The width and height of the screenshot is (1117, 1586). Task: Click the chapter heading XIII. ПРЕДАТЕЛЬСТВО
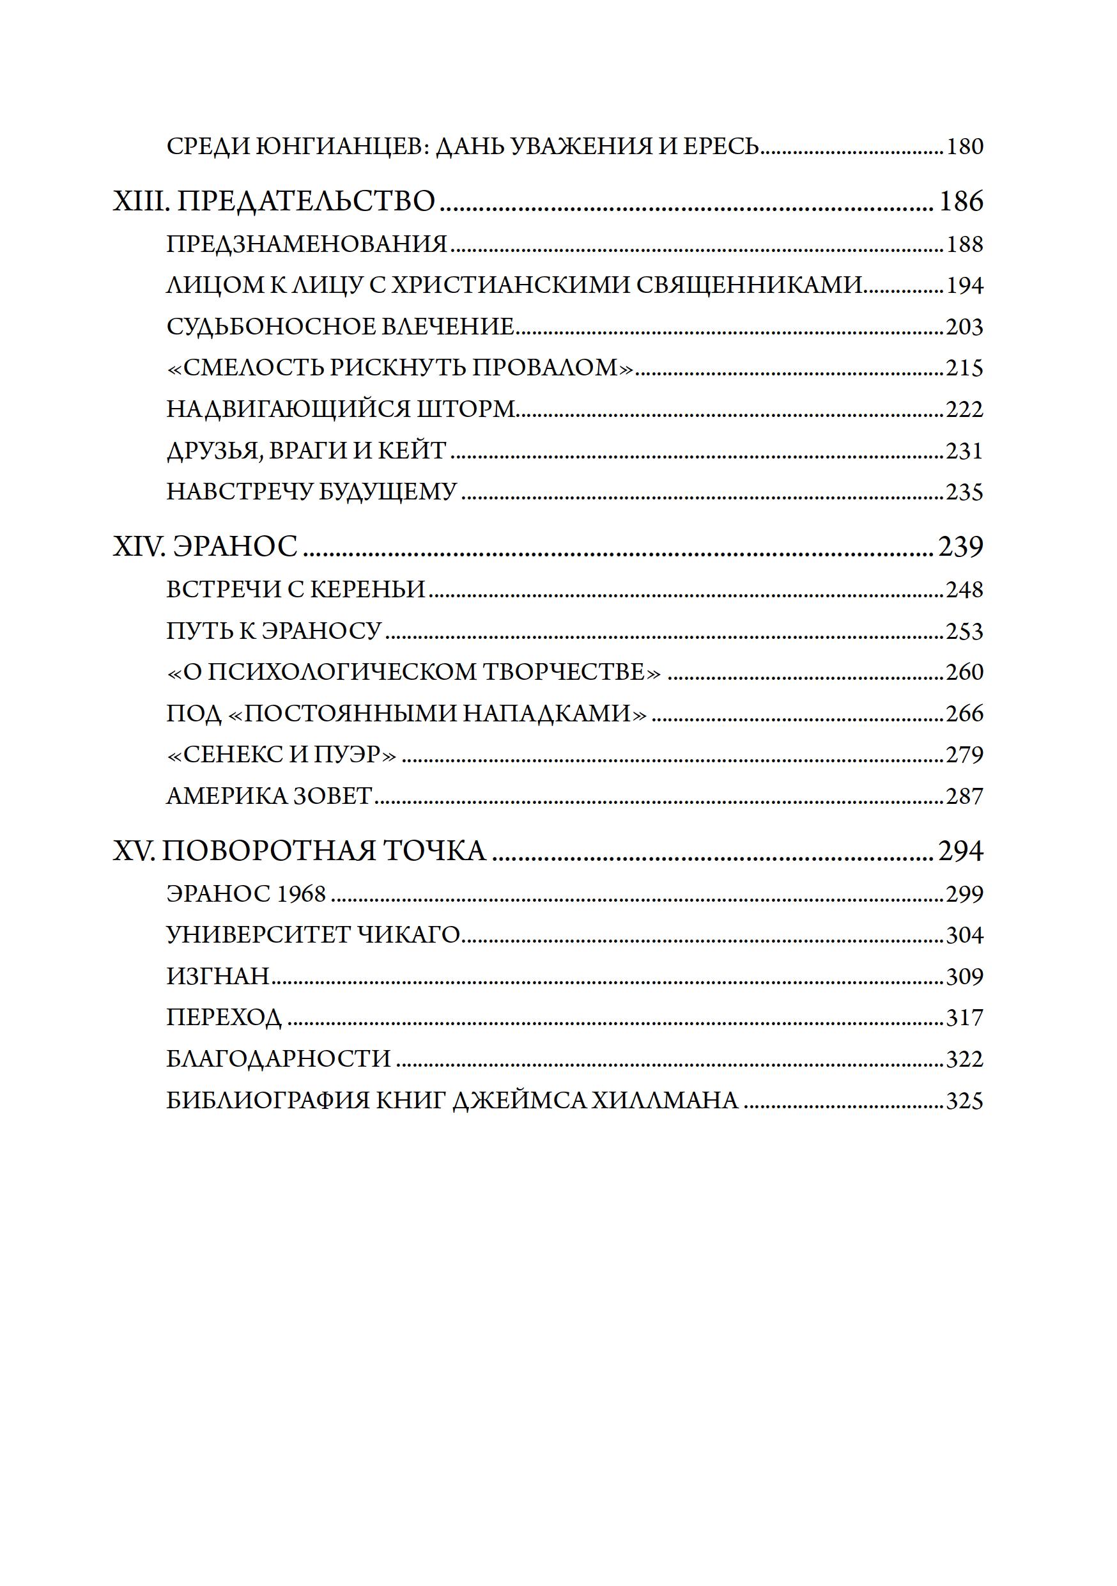tap(274, 201)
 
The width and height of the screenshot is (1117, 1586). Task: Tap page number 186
tap(960, 201)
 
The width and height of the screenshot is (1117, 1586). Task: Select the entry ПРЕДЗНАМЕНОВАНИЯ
tap(307, 244)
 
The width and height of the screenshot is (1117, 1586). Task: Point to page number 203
tap(964, 327)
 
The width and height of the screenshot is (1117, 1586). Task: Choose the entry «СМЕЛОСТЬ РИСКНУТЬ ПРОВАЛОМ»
tap(401, 368)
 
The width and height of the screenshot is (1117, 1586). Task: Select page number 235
tap(964, 492)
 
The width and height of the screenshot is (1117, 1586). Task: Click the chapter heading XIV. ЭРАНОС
tap(205, 546)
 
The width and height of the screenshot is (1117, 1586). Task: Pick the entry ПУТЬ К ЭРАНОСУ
tap(273, 631)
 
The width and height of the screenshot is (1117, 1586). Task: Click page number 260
tap(964, 672)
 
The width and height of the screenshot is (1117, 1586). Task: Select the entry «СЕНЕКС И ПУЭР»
tap(282, 755)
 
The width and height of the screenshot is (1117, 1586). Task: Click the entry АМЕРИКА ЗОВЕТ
tap(269, 796)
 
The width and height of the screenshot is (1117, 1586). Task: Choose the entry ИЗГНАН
tap(217, 976)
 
